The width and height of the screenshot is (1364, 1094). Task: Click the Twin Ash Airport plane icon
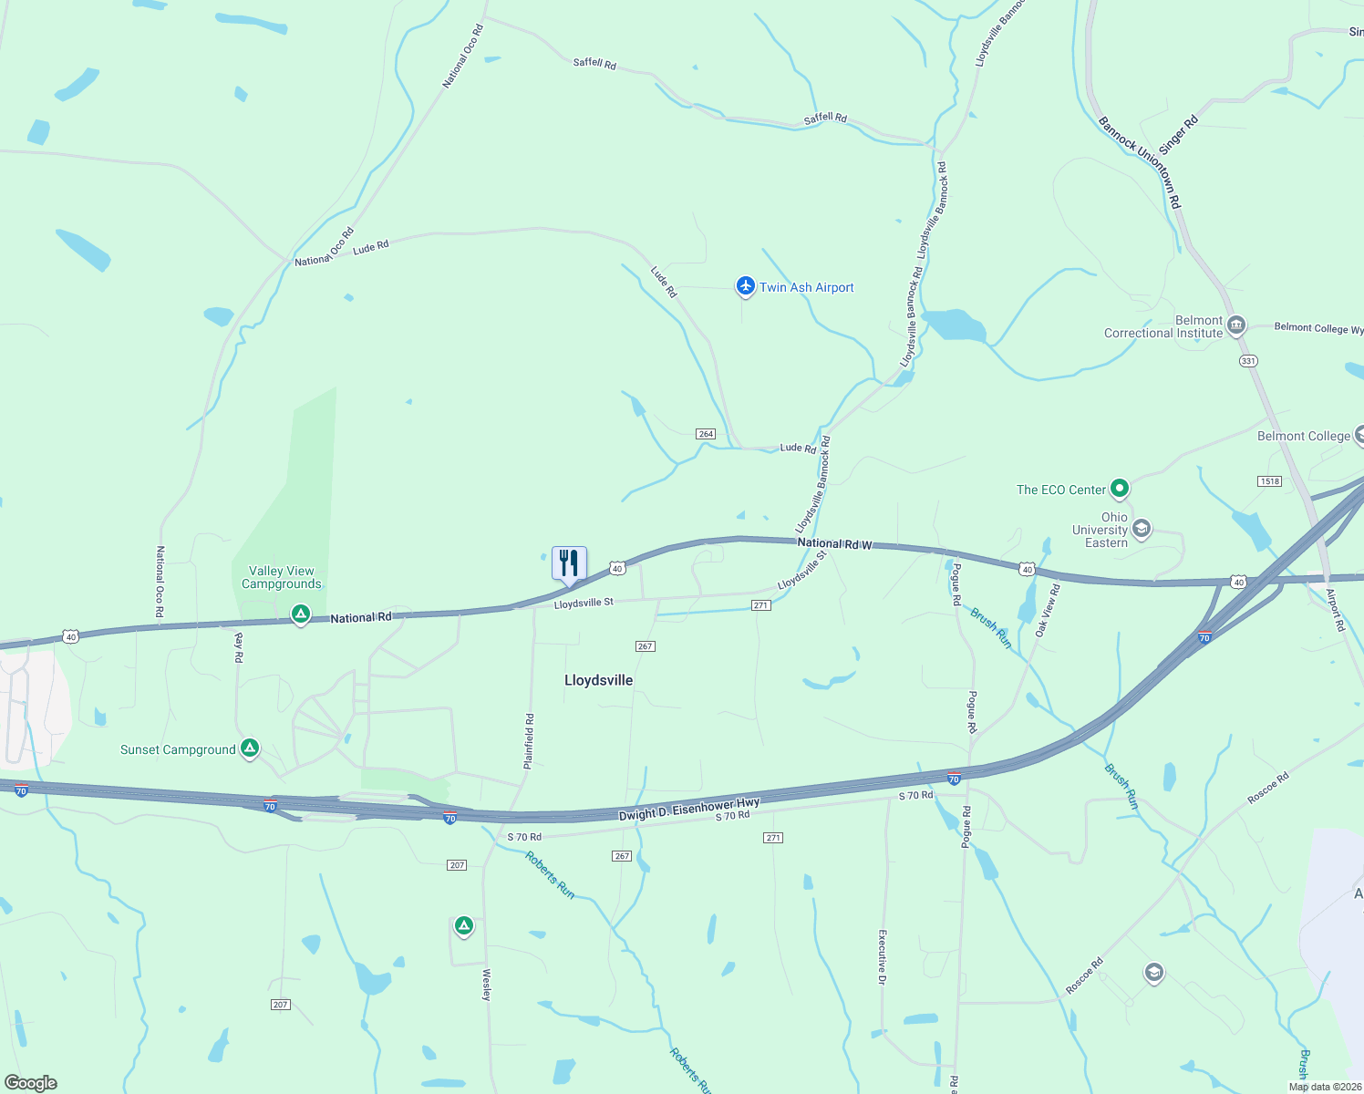tap(746, 287)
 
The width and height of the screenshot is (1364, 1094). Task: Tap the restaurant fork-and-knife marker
tap(569, 562)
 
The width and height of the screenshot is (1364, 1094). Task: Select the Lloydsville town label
tap(598, 680)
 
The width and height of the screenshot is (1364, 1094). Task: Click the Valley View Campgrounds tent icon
tap(300, 615)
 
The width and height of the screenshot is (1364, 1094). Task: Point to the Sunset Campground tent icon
tap(250, 748)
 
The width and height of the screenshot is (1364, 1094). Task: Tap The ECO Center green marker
tap(1120, 489)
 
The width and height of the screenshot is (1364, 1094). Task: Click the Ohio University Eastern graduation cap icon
tap(1142, 529)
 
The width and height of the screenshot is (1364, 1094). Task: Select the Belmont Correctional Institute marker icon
tap(1236, 325)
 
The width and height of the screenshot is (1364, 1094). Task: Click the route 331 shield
tap(1248, 361)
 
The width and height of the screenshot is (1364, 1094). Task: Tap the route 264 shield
tap(706, 434)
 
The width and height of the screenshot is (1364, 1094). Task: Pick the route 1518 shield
tap(1269, 481)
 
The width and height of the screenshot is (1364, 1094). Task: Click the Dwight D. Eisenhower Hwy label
tap(689, 810)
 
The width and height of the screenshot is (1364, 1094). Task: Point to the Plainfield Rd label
tap(529, 742)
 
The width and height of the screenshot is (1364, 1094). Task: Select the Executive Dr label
tap(882, 957)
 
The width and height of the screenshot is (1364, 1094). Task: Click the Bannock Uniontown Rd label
tap(1140, 162)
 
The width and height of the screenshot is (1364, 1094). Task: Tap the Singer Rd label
tap(1178, 135)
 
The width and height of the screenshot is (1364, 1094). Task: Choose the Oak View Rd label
tap(1047, 610)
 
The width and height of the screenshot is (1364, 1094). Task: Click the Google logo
tap(31, 1083)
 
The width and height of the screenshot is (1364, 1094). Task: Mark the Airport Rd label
tap(1335, 610)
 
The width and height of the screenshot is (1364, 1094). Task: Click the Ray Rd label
tap(239, 647)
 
